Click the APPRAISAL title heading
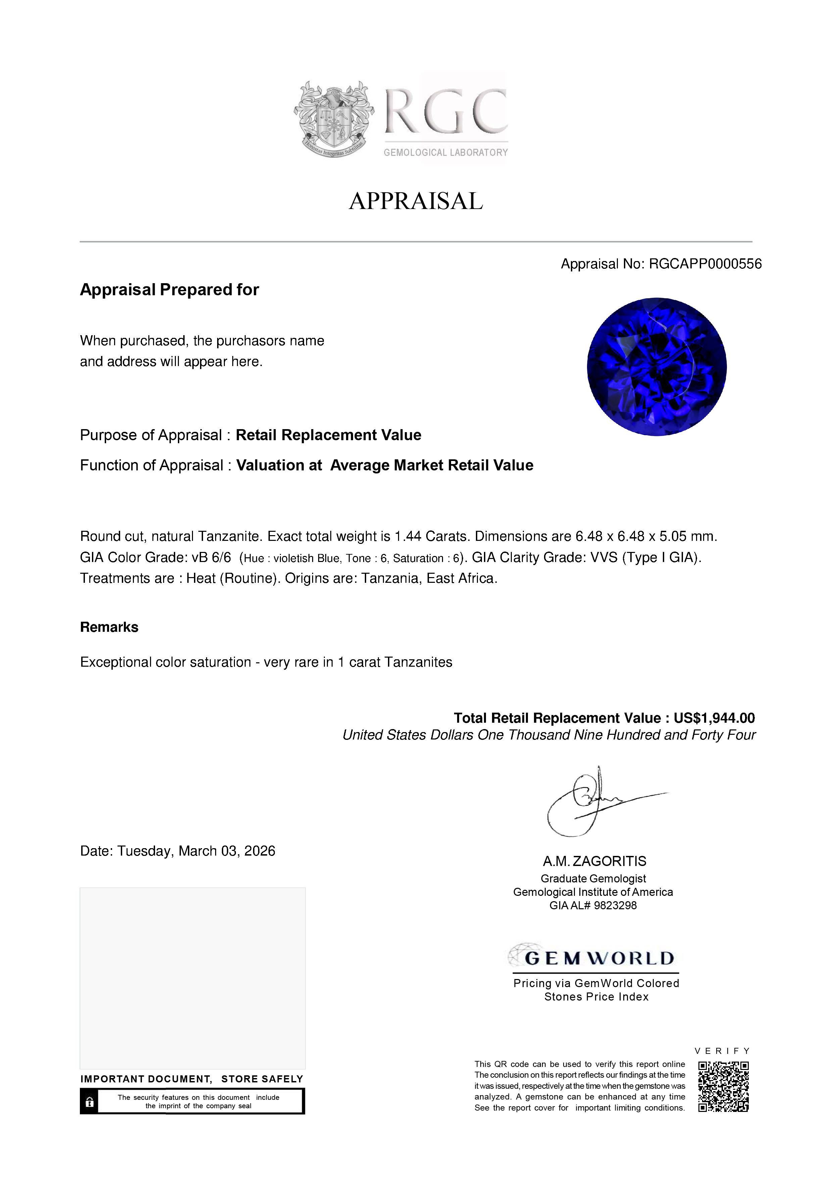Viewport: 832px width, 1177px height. click(416, 201)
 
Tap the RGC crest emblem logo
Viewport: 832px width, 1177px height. click(333, 119)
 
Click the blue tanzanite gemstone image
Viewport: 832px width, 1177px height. click(657, 367)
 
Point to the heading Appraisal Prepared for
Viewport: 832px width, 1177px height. click(169, 290)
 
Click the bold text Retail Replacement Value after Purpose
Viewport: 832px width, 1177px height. click(328, 435)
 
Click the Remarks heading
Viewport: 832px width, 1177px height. click(109, 627)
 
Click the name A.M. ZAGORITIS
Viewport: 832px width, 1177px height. click(595, 861)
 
